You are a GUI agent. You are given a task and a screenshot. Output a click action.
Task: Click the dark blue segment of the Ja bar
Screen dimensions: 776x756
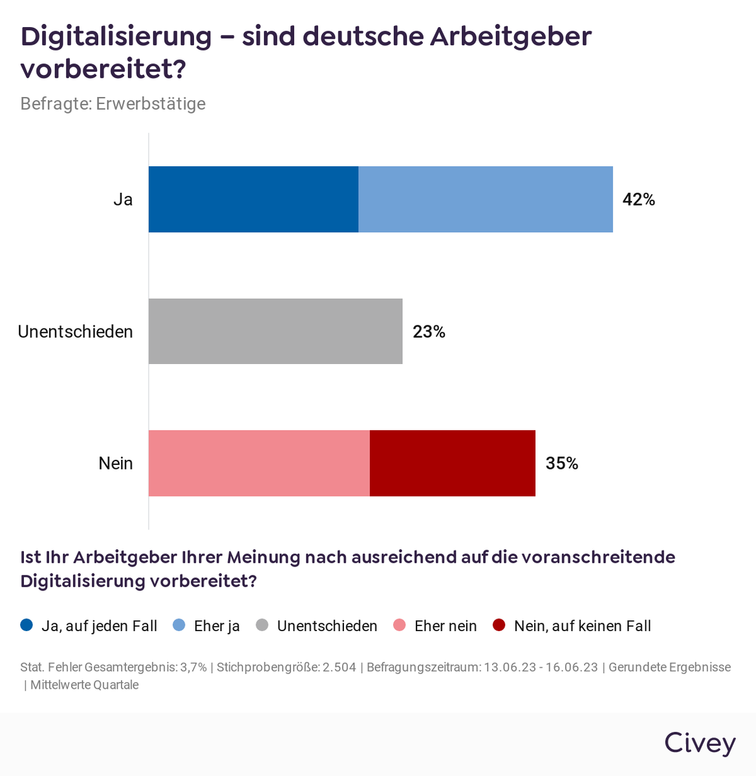254,199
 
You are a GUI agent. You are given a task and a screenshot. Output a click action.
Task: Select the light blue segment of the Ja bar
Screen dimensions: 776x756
485,199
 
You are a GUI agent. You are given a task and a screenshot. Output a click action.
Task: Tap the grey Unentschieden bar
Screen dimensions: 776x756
275,331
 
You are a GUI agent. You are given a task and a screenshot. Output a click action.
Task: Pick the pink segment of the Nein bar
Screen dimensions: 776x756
259,463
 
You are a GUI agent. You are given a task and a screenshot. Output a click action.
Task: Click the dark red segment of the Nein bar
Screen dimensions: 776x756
452,463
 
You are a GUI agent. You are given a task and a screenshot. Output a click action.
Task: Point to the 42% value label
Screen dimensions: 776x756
638,200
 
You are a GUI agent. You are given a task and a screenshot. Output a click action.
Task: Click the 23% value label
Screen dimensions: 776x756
429,332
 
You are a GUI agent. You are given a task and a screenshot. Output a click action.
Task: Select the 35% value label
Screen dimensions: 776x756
561,464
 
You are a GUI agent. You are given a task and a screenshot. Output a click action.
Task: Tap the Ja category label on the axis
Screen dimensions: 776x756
123,200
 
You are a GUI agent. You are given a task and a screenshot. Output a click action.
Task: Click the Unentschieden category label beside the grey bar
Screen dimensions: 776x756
75,332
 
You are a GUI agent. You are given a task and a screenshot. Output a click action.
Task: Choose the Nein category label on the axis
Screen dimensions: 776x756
116,464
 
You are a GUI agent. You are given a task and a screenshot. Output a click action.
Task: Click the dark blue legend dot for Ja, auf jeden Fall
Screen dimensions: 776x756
27,625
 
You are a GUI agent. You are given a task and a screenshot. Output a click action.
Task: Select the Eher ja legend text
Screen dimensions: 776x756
217,626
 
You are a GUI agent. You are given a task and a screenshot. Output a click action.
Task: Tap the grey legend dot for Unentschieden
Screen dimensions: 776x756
262,625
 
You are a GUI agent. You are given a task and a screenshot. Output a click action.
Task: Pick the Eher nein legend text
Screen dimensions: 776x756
446,626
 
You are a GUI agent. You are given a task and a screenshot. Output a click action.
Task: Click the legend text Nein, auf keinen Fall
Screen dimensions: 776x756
582,626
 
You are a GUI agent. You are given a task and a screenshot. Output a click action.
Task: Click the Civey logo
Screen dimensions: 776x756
700,744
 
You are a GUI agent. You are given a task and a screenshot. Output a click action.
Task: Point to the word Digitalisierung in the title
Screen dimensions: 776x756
116,36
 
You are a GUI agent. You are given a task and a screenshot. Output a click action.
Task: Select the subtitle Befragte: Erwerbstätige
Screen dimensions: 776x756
113,103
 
